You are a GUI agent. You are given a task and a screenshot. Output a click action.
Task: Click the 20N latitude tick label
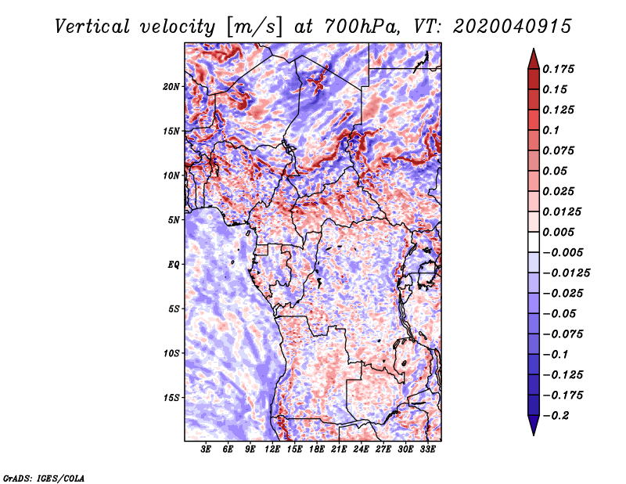(x=171, y=87)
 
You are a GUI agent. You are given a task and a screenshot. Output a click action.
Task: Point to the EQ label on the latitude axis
(x=174, y=265)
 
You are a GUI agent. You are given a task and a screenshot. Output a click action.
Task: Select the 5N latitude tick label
(x=174, y=220)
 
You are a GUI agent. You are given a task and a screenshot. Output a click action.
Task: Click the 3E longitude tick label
(x=206, y=450)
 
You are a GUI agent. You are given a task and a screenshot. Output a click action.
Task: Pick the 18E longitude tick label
(x=317, y=450)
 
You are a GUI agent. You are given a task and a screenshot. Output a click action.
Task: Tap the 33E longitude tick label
(x=427, y=450)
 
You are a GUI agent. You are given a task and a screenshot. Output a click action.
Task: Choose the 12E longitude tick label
(x=272, y=450)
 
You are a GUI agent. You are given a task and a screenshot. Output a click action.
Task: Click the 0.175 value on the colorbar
(x=558, y=69)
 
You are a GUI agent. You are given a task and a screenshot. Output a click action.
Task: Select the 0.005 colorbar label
(x=558, y=232)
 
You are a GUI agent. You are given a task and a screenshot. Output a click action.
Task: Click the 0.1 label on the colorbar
(x=551, y=130)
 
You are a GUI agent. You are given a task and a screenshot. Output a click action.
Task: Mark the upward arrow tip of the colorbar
(x=534, y=49)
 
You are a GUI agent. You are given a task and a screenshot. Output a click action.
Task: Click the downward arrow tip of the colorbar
(x=534, y=435)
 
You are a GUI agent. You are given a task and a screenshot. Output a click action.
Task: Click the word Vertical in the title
(x=92, y=27)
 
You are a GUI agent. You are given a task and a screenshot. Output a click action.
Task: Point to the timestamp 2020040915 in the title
(x=513, y=27)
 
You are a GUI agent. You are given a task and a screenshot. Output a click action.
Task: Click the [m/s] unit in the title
(x=254, y=27)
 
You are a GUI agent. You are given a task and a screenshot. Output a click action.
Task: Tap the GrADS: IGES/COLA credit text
(x=44, y=479)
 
